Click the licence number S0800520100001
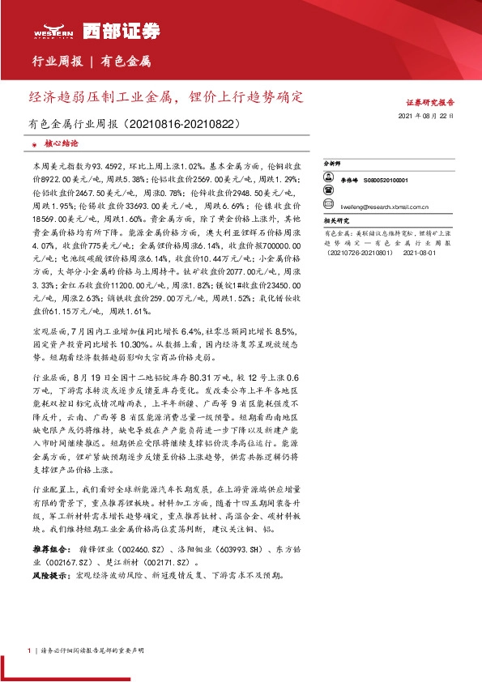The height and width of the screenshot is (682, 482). [386, 181]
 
